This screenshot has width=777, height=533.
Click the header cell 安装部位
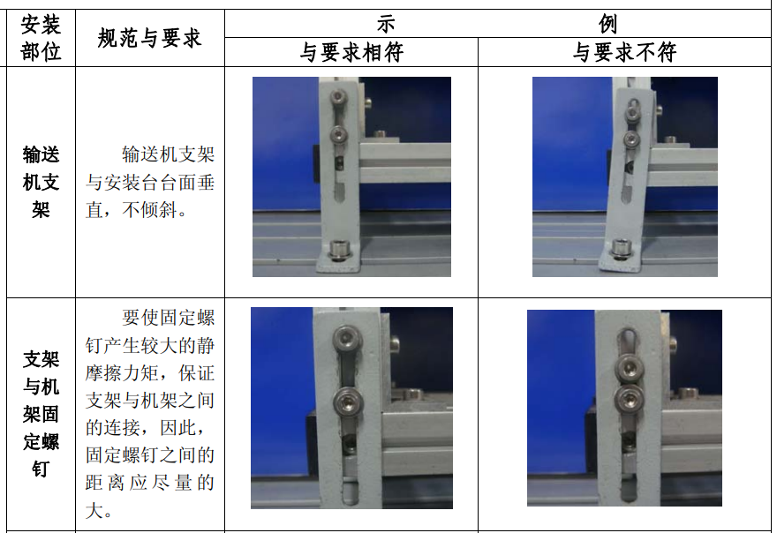(41, 38)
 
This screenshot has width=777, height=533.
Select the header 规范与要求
(149, 38)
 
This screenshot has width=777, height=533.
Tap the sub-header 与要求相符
(351, 52)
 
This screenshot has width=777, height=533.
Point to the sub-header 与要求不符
(624, 52)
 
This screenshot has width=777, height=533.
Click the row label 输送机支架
(41, 183)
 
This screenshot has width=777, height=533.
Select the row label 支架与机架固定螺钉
(41, 414)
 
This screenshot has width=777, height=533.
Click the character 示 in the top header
(386, 24)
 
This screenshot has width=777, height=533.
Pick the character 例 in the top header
(607, 24)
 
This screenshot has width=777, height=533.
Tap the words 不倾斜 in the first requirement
(149, 210)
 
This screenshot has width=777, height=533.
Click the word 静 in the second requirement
(206, 345)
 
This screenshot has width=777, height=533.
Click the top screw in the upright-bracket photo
(339, 95)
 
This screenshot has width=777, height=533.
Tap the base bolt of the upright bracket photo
(340, 249)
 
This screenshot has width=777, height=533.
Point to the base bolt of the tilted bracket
(620, 247)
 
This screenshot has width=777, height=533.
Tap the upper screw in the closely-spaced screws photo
(629, 368)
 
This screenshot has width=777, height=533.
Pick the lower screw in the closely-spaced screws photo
(629, 398)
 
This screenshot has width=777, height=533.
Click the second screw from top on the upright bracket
(339, 134)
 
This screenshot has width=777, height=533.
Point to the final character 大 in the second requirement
(94, 511)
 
